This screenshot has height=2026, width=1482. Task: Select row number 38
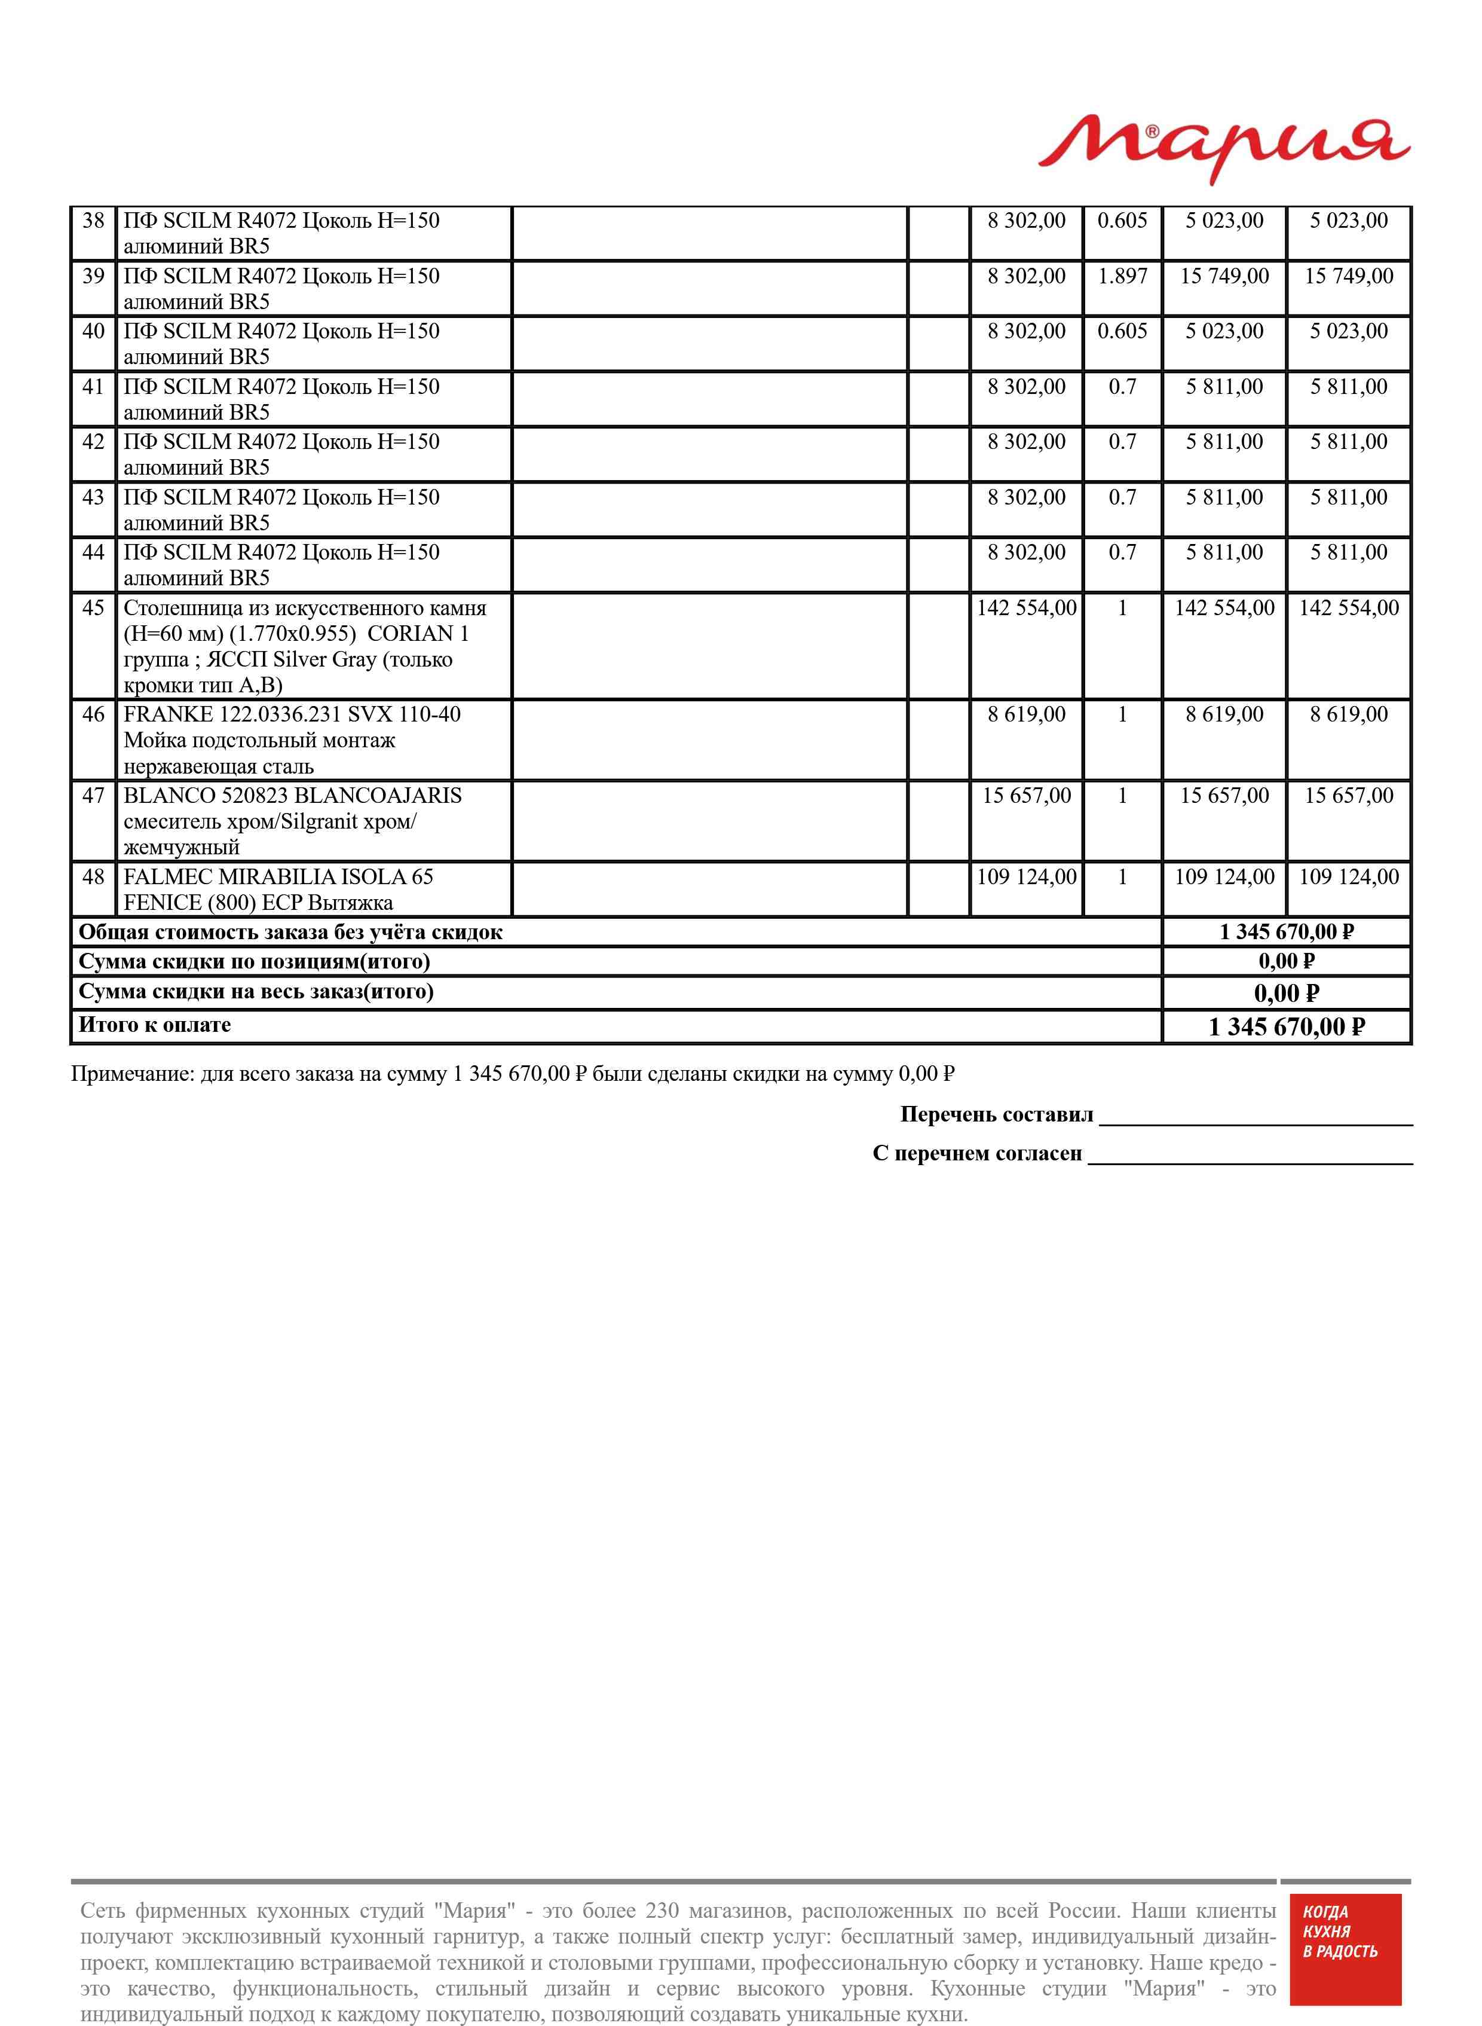pos(93,221)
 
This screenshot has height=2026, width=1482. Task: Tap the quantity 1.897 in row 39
pos(1122,276)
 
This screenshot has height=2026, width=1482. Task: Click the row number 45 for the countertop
pos(93,609)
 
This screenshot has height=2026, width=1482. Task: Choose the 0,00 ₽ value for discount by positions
pos(1287,962)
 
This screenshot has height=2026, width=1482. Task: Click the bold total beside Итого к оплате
pos(1287,1028)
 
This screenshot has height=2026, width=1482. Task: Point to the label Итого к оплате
pos(154,1026)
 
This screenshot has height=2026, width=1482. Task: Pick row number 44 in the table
pos(93,553)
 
